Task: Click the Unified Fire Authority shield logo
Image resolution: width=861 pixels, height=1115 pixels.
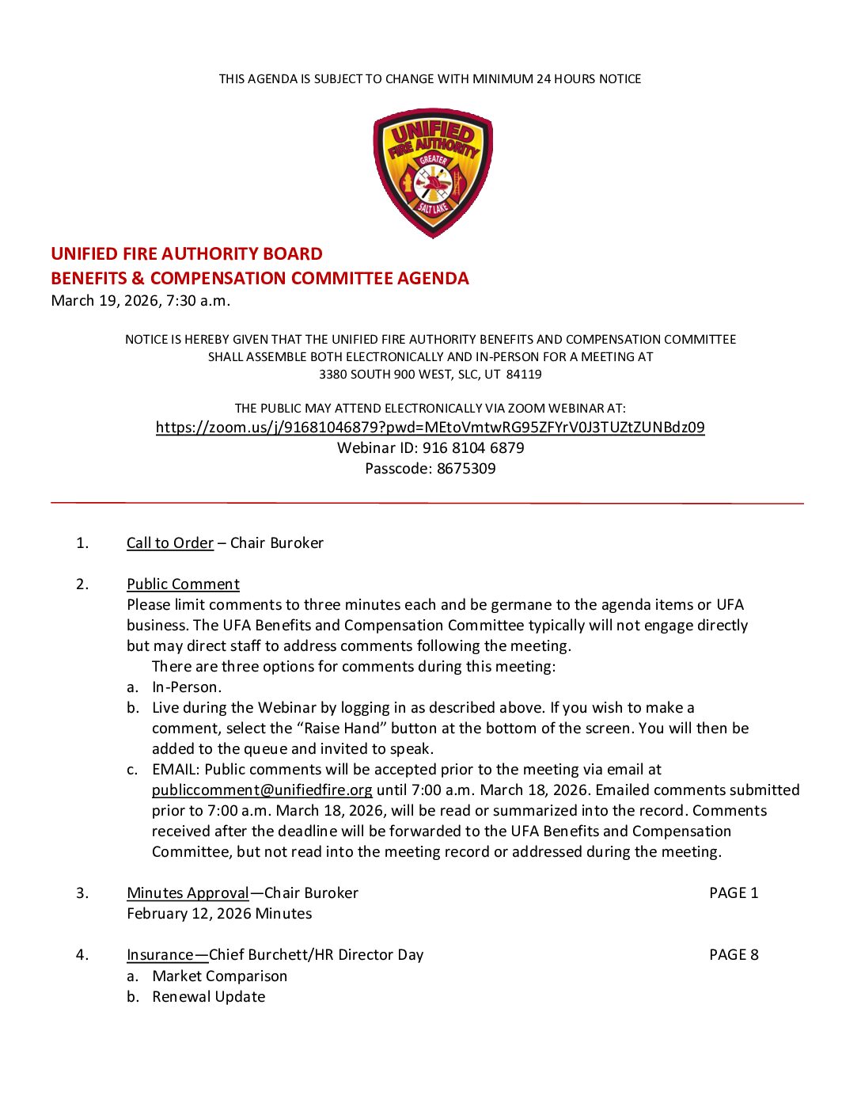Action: pos(433,173)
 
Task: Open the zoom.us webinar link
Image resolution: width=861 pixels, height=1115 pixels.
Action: pos(430,428)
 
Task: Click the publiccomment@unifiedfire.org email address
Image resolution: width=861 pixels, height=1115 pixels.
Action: pos(262,790)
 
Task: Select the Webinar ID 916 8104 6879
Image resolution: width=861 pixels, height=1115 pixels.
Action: pos(472,448)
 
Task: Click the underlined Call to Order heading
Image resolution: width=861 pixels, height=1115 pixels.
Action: pos(170,543)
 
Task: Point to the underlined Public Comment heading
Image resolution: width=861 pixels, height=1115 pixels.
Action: pos(183,584)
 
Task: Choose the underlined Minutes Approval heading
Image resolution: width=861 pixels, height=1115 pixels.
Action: pos(188,893)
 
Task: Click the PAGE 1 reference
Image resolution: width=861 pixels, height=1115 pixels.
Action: pos(734,893)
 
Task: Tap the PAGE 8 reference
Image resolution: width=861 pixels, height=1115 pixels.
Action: pos(734,955)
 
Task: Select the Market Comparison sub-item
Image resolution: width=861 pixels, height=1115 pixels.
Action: pos(219,976)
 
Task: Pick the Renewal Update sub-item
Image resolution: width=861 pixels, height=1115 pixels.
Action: pos(208,997)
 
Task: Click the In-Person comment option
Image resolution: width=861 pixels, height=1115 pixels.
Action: pos(187,687)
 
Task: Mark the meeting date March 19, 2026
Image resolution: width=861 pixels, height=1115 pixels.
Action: pos(104,301)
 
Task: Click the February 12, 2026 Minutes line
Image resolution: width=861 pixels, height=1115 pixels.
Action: pos(219,914)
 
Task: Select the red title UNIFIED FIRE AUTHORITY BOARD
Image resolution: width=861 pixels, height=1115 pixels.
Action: pos(187,254)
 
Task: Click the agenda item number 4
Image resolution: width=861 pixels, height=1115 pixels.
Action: pos(82,955)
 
